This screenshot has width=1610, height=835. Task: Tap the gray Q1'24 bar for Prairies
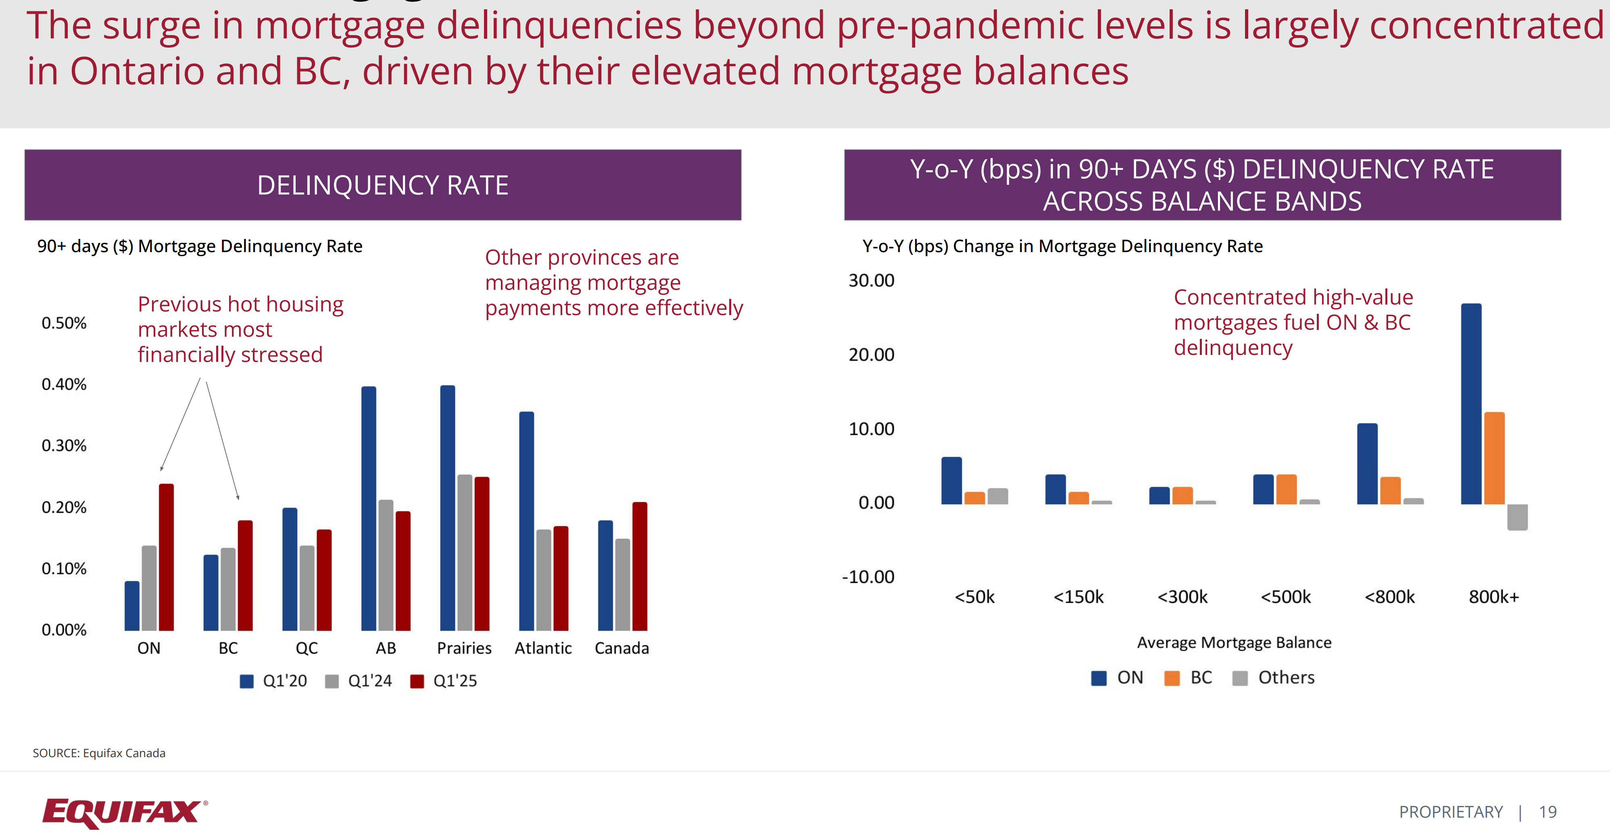(x=464, y=553)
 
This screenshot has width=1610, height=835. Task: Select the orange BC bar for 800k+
(x=1494, y=458)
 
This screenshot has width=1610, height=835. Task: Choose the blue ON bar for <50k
(x=951, y=480)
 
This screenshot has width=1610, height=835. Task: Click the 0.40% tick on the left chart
(x=64, y=384)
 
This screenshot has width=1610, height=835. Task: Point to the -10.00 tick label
(x=868, y=576)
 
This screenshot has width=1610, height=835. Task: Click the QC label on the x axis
(x=306, y=648)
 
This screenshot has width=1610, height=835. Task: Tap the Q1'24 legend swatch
(x=332, y=681)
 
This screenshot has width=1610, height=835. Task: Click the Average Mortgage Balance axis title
(x=1234, y=643)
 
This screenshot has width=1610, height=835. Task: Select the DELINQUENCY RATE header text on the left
(x=382, y=185)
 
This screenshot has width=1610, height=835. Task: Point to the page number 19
(x=1547, y=812)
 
